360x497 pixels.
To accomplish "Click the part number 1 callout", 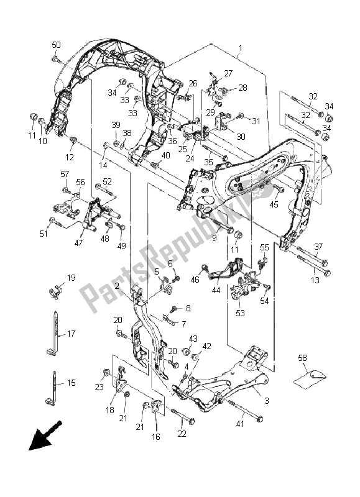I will [241, 48].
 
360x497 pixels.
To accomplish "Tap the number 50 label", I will [56, 45].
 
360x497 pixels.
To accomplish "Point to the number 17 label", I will [71, 334].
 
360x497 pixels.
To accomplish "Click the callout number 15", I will [71, 383].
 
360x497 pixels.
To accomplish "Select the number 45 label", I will [274, 204].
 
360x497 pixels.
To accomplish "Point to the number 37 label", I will [319, 247].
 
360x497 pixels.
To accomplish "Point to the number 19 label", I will [71, 278].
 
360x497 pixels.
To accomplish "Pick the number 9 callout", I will [214, 237].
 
